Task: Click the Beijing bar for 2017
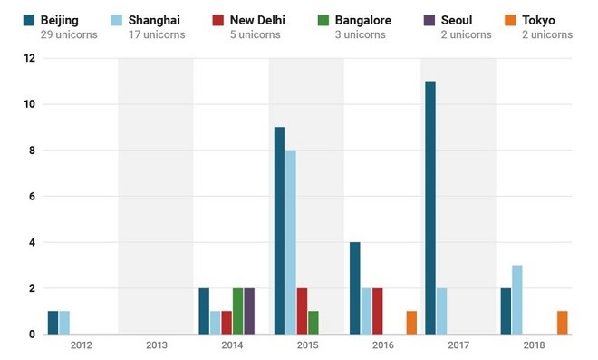pyautogui.click(x=430, y=208)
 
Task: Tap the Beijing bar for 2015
pyautogui.click(x=279, y=230)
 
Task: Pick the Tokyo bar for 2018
pyautogui.click(x=563, y=323)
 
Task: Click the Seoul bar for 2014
pyautogui.click(x=249, y=311)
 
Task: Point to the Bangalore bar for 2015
pyautogui.click(x=313, y=323)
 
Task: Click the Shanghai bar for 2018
pyautogui.click(x=517, y=299)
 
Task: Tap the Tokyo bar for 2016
pyautogui.click(x=411, y=323)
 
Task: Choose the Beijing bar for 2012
pyautogui.click(x=53, y=323)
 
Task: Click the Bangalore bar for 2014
pyautogui.click(x=237, y=311)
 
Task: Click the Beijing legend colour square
pyautogui.click(x=28, y=20)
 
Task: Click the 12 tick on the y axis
pyautogui.click(x=29, y=58)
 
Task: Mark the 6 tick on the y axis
pyautogui.click(x=32, y=196)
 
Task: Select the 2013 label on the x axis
pyautogui.click(x=156, y=345)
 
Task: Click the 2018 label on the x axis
pyautogui.click(x=534, y=345)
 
